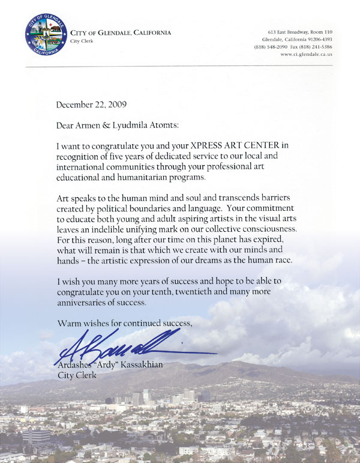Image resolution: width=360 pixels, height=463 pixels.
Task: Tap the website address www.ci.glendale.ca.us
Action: pyautogui.click(x=306, y=54)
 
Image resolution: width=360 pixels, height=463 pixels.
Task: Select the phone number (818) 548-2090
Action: pyautogui.click(x=271, y=46)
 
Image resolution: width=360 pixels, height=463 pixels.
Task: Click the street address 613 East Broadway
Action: pyautogui.click(x=287, y=31)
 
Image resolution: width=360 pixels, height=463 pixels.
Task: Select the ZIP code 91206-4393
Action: pyautogui.click(x=316, y=39)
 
